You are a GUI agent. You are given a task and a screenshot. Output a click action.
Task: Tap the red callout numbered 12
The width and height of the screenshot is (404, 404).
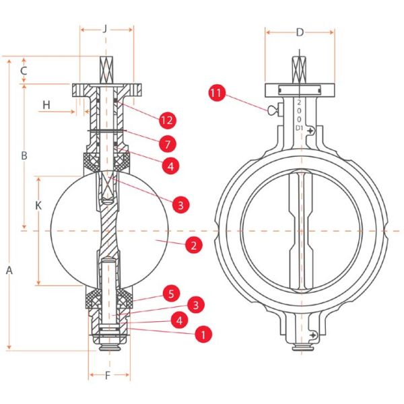point(167,121)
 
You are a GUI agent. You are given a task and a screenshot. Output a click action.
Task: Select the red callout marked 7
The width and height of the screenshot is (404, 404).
point(167,143)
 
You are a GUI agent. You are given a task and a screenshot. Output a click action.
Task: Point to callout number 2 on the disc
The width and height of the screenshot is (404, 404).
point(193,245)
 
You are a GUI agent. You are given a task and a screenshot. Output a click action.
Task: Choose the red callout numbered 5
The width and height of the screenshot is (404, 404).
point(171,293)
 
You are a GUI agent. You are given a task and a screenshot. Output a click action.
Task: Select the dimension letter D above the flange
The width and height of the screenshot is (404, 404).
point(300,31)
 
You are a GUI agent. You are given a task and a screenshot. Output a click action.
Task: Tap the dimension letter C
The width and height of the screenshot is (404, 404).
point(23,70)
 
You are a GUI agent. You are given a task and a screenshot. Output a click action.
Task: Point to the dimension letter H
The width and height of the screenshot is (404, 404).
point(46,104)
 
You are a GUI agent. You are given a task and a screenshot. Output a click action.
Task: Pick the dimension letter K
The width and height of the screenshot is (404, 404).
point(38,207)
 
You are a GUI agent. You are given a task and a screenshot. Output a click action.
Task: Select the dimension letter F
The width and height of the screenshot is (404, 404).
point(108,374)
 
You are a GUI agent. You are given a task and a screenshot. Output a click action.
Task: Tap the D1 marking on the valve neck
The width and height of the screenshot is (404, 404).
point(299,127)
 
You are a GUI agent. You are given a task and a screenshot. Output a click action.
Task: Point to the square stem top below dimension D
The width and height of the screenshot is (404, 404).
point(300,69)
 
